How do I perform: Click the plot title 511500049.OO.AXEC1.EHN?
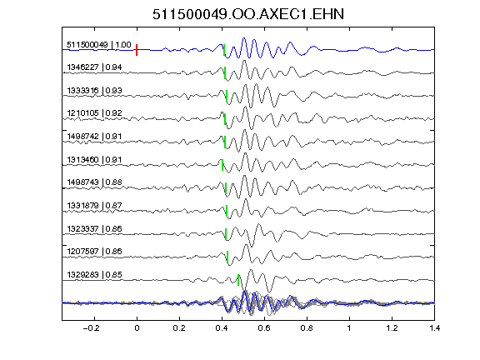(x=248, y=14)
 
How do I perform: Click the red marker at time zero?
(x=137, y=50)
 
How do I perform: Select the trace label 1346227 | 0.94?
(x=95, y=67)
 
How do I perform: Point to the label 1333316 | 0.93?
(x=95, y=90)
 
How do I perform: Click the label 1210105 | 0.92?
(x=95, y=113)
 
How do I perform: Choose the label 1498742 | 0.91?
(x=95, y=136)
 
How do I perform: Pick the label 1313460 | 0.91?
(x=95, y=159)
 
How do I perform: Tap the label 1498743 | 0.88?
(x=95, y=182)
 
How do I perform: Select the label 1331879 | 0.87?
(x=95, y=205)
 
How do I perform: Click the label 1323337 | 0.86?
(x=95, y=228)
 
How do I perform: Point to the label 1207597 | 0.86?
(x=95, y=252)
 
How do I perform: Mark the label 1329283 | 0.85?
(x=95, y=275)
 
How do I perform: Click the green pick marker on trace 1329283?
(x=238, y=280)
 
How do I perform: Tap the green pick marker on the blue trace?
(x=224, y=50)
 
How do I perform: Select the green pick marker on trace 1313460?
(x=222, y=165)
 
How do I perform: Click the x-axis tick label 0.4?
(x=222, y=328)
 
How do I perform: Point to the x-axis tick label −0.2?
(x=92, y=328)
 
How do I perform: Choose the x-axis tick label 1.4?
(x=434, y=328)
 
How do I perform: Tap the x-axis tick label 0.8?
(x=307, y=328)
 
